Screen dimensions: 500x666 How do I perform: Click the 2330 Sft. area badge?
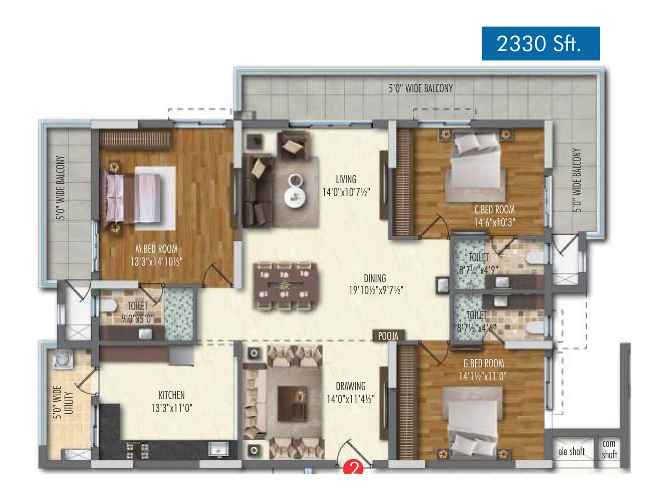[540, 44]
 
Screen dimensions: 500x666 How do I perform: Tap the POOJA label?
[388, 336]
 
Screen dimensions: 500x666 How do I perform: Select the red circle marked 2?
[353, 468]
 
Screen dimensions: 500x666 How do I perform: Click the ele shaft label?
[571, 451]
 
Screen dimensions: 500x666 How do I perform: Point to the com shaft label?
[609, 449]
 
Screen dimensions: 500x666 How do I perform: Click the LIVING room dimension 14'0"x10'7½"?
[346, 192]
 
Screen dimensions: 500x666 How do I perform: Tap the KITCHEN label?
[171, 395]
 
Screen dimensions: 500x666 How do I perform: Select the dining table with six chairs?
[284, 286]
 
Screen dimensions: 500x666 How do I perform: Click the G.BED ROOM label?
[483, 363]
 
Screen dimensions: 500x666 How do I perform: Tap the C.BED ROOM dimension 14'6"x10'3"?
[494, 222]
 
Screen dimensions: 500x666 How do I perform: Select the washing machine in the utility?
[63, 360]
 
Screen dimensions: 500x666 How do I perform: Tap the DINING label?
[375, 278]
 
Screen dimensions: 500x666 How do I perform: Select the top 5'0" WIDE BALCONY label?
[420, 88]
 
